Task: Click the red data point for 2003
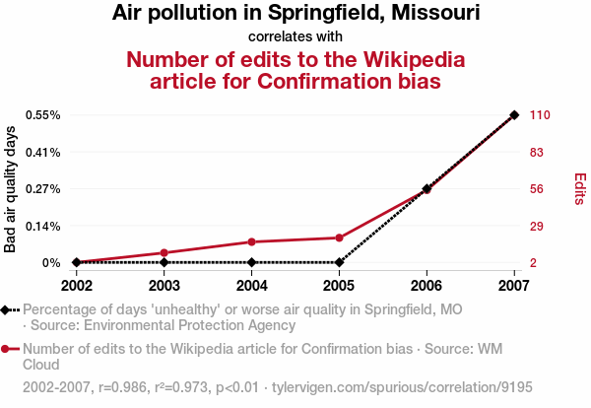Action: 164,253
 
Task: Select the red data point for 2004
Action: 252,241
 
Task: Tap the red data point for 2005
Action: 339,238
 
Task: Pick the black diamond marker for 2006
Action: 427,188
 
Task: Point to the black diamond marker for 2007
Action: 514,115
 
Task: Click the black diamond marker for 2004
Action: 252,262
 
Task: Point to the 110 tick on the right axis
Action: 540,115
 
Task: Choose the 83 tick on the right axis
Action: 537,152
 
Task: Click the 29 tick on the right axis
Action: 537,226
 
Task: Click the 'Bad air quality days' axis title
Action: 11,189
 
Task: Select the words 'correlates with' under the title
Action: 295,36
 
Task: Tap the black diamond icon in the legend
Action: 7,309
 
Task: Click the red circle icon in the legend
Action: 7,349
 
